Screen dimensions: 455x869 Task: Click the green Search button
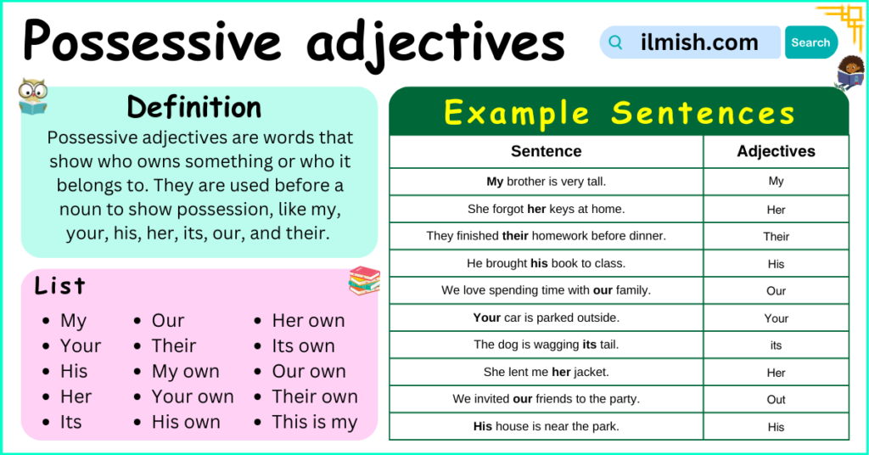point(810,42)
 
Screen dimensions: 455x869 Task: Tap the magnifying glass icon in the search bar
point(616,42)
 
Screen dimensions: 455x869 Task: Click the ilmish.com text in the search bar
point(699,42)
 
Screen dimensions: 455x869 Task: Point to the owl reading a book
point(32,97)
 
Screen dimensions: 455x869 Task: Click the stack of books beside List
point(364,280)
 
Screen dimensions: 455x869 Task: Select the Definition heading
point(194,108)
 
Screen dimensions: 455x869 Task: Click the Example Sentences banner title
point(619,113)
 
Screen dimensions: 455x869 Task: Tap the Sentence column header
point(546,152)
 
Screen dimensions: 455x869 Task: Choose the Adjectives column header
point(776,152)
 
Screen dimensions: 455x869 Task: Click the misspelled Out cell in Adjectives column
point(776,399)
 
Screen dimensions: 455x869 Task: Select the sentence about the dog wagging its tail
point(546,345)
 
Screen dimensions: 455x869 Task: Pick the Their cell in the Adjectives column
point(776,236)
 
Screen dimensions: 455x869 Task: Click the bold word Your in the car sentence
point(487,317)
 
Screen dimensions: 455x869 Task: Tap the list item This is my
point(314,422)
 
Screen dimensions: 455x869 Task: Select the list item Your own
point(193,396)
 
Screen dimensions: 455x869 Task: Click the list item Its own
point(303,345)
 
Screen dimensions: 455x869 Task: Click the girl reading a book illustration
point(849,71)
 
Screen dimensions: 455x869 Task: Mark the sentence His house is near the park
point(546,426)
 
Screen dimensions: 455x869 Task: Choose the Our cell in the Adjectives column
point(776,290)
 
